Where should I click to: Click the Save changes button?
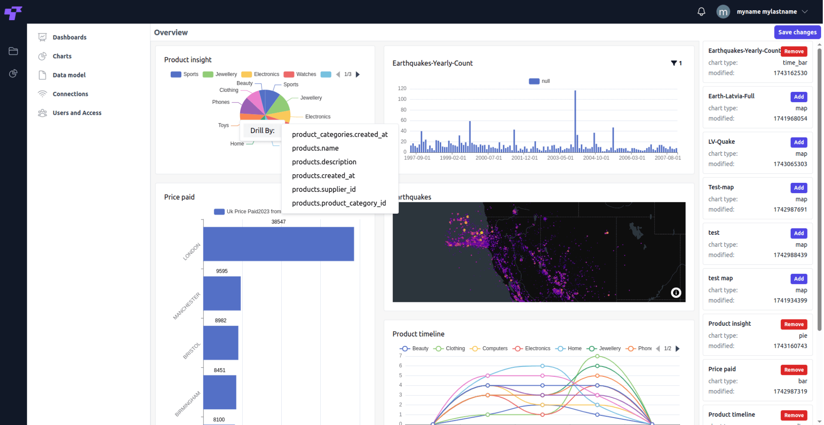[797, 32]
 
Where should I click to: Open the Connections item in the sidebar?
[70, 94]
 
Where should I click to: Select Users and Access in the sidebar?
[76, 113]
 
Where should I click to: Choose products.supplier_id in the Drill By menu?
[324, 189]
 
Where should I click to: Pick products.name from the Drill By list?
[315, 148]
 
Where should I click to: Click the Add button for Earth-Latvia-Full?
[799, 97]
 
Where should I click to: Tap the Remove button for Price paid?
[794, 370]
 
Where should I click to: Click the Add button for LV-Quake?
[799, 142]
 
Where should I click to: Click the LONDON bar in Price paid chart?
[278, 244]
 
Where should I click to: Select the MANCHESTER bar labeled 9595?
[222, 293]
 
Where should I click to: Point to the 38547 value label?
[278, 222]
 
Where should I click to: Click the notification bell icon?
[701, 12]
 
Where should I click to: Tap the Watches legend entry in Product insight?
[300, 75]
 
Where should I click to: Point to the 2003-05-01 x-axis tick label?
[560, 158]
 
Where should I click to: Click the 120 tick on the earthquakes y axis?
[402, 89]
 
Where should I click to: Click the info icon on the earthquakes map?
[676, 292]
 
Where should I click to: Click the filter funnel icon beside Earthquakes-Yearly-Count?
[674, 63]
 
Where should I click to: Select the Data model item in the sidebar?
[69, 75]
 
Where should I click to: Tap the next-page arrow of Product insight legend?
[358, 75]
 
